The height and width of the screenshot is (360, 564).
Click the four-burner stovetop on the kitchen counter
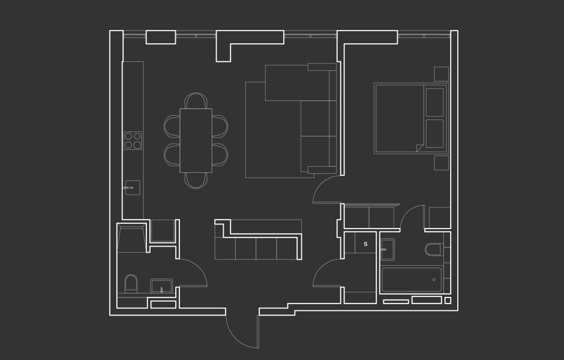click(133, 140)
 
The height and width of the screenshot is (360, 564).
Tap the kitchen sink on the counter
click(133, 188)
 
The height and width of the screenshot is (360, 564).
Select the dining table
click(196, 140)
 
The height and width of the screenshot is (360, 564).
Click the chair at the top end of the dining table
click(196, 100)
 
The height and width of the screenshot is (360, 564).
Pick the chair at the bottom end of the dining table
click(196, 181)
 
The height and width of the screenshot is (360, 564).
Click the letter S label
click(365, 244)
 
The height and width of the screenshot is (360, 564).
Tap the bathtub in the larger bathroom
click(412, 280)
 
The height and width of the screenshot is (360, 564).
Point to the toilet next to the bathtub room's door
click(434, 250)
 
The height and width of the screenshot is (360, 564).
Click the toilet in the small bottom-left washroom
click(131, 284)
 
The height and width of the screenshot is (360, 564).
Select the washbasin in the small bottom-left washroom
click(161, 286)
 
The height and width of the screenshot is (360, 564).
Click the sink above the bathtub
click(388, 249)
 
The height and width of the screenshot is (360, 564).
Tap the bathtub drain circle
click(434, 280)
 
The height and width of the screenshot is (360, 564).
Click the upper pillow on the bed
click(434, 102)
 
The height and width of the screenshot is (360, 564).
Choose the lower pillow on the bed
click(434, 133)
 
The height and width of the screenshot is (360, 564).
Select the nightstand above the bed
click(442, 74)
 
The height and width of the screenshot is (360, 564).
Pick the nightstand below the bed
click(442, 163)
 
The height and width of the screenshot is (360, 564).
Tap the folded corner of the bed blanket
click(420, 148)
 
